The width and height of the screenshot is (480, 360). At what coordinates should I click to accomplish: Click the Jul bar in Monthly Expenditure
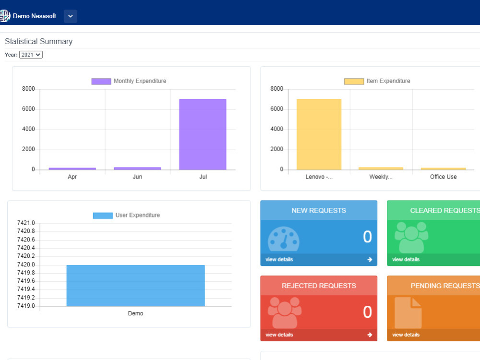tap(203, 134)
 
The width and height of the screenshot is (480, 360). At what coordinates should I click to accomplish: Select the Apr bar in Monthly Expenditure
tap(72, 168)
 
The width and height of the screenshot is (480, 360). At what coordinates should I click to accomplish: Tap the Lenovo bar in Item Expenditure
tap(319, 134)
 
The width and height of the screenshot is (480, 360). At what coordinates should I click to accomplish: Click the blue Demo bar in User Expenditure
tap(136, 286)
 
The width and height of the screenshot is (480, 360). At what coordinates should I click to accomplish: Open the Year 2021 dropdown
tap(31, 55)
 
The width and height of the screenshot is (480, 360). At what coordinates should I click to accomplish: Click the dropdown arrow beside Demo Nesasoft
tap(71, 16)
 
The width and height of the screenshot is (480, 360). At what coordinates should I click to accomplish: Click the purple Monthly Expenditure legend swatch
tap(101, 81)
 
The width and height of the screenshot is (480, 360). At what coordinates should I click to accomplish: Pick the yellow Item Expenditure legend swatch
tap(354, 81)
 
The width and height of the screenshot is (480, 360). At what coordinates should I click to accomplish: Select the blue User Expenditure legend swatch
tap(103, 216)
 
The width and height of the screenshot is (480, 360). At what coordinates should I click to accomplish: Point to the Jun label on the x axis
tap(137, 177)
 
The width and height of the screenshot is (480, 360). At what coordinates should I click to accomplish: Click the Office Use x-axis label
tap(443, 177)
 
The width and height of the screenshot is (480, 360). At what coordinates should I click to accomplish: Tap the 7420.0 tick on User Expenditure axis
tap(26, 264)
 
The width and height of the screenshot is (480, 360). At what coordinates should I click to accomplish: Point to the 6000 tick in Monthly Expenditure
tap(28, 109)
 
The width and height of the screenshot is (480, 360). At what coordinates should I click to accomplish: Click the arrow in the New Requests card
tap(370, 260)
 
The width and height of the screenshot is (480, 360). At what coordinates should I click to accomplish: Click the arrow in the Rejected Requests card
tap(370, 335)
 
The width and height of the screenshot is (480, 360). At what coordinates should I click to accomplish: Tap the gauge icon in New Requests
tap(284, 239)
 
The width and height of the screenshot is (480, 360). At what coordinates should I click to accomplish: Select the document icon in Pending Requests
tap(408, 312)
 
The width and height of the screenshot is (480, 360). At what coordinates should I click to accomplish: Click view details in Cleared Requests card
tap(406, 260)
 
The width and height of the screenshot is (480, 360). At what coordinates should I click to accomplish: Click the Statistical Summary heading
tap(39, 42)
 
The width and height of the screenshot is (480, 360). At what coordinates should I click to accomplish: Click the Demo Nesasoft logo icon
tap(5, 16)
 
